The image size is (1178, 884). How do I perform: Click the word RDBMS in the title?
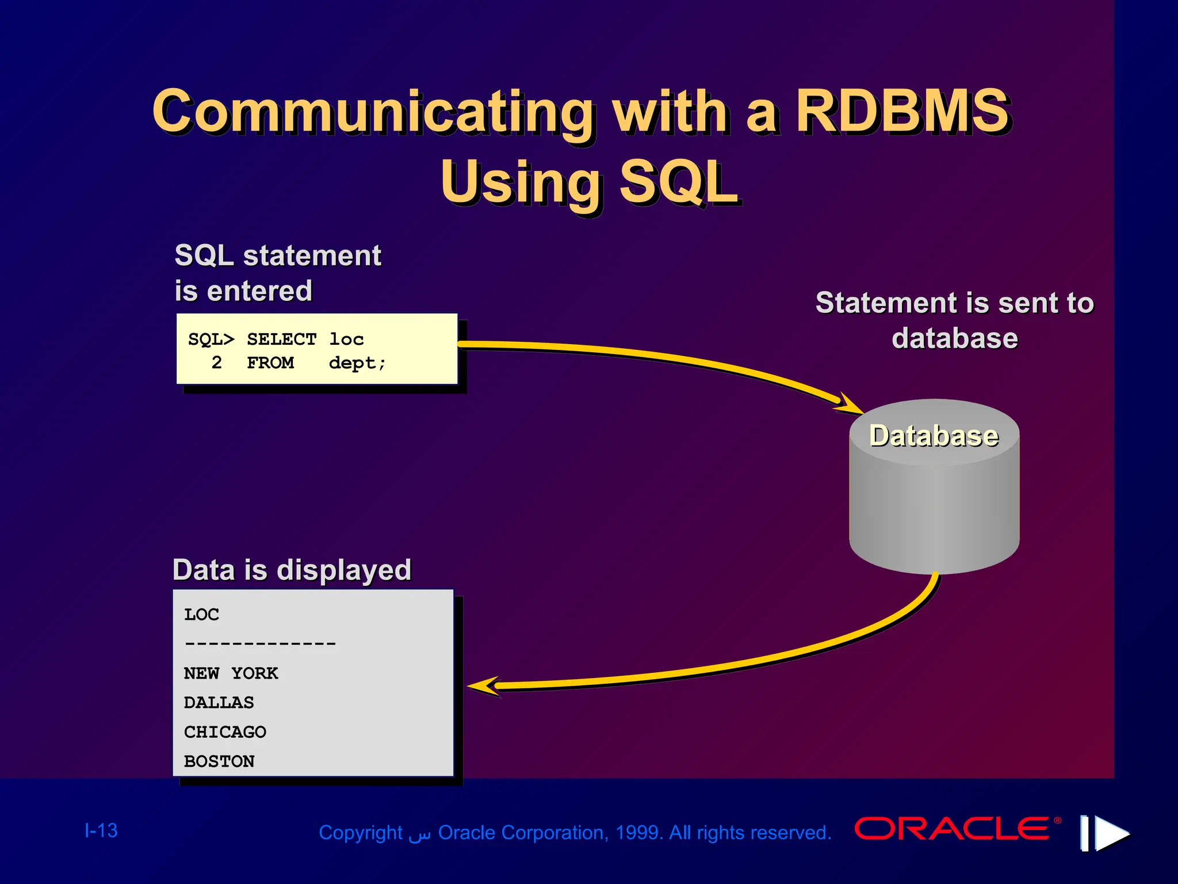(x=902, y=110)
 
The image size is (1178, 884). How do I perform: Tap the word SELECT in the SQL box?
(x=281, y=339)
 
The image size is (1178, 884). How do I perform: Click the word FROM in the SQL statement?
(x=270, y=363)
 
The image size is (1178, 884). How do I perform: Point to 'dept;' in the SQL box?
(x=357, y=363)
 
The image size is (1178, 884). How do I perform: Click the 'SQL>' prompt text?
(x=211, y=339)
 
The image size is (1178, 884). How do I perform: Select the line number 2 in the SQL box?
(x=216, y=363)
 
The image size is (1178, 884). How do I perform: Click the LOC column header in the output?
(x=201, y=615)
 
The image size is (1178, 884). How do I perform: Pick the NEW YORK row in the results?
(x=231, y=673)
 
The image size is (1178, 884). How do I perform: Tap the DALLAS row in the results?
(x=219, y=703)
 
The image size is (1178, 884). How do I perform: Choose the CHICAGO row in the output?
(x=225, y=732)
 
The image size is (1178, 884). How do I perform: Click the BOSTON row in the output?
(x=219, y=761)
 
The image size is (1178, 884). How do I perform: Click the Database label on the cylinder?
(x=934, y=436)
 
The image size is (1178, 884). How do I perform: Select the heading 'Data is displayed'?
(x=292, y=570)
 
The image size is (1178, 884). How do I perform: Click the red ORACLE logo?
(x=955, y=829)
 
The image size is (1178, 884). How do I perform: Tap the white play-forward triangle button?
(x=1111, y=833)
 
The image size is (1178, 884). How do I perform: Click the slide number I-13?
(x=101, y=830)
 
